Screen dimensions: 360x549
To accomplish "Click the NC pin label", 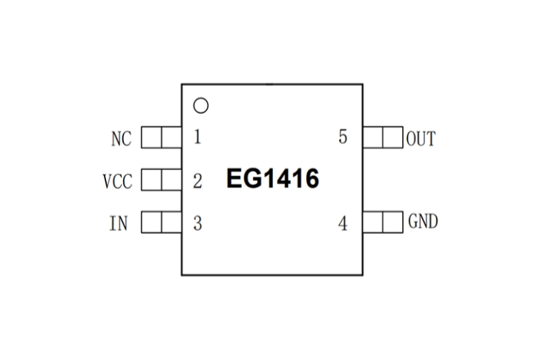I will [x=121, y=138].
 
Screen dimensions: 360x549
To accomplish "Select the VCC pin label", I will [x=117, y=180].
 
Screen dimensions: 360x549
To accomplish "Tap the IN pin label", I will [x=118, y=223].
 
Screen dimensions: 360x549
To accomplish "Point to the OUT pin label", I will [x=421, y=138].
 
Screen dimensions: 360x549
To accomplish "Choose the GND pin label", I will [x=422, y=221].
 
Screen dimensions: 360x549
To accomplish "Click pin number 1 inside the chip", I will [x=197, y=137].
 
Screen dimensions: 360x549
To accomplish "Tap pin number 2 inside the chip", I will [x=197, y=180].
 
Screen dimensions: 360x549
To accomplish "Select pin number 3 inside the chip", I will [x=197, y=223].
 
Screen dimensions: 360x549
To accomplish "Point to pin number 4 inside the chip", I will [x=342, y=223].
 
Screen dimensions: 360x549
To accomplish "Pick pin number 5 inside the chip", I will [x=342, y=137].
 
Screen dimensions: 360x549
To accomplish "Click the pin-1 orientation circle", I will [x=201, y=105].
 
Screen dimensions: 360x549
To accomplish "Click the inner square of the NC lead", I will [x=171, y=137].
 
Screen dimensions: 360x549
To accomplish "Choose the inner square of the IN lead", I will [x=171, y=222].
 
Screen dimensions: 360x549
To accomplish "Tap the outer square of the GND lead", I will [x=393, y=221].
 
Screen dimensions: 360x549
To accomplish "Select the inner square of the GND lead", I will [x=373, y=221].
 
